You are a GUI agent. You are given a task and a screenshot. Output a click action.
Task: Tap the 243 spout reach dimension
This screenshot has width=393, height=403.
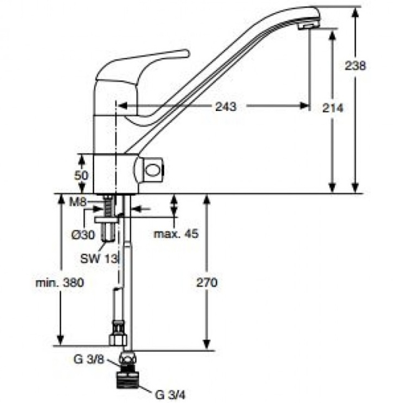225,107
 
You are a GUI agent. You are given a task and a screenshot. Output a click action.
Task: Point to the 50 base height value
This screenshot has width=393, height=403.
81,175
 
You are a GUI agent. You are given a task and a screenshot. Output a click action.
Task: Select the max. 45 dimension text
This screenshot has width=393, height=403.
176,234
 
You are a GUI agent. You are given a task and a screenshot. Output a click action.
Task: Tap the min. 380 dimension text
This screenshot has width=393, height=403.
60,282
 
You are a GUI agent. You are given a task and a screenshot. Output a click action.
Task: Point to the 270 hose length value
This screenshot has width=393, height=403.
207,282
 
